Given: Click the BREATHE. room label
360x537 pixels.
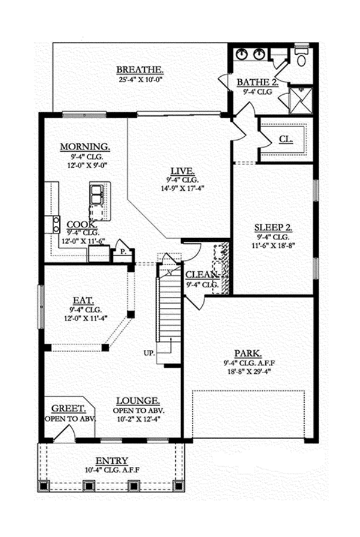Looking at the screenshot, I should [140, 69].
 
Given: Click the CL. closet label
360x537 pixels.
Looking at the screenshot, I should [286, 139].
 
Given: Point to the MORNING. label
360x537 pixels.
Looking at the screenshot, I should [85, 146].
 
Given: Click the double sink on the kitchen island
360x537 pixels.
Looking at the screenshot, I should [96, 194].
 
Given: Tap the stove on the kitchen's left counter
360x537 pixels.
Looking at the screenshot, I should [56, 224].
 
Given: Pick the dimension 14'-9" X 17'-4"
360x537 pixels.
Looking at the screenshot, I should [179, 188].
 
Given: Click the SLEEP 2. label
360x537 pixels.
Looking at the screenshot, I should [274, 227].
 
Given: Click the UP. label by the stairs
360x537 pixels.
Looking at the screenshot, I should [149, 352].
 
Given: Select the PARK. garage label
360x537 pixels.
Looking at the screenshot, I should [247, 354].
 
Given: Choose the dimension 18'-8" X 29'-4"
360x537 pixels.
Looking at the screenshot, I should [247, 372].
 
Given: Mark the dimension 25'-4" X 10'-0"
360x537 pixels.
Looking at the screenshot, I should [140, 79].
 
